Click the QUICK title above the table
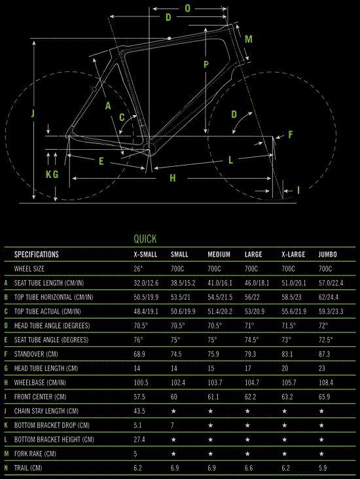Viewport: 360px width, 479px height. pos(145,239)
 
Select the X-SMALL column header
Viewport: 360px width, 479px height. pos(145,255)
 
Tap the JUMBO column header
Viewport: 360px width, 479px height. pos(328,255)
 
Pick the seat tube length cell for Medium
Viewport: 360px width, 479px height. pos(220,283)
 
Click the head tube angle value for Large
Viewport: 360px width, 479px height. pos(249,326)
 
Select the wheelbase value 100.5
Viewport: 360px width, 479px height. pos(141,382)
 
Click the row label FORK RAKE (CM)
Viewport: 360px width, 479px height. pos(35,453)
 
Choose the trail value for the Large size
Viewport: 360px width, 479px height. pos(249,468)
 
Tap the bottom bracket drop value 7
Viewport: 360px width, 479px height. pos(172,425)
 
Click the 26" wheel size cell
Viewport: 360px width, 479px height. pos(138,269)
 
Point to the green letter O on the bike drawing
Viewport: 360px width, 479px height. pos(187,9)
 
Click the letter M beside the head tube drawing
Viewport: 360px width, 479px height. pos(249,39)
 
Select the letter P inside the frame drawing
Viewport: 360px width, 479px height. pos(206,65)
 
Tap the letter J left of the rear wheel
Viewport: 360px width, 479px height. pos(33,114)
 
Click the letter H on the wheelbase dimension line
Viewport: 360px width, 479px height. pos(173,178)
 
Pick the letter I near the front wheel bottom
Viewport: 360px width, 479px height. pos(298,190)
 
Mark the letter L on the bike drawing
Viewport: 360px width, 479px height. pos(231,160)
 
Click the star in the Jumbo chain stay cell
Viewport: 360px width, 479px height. pos(321,411)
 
